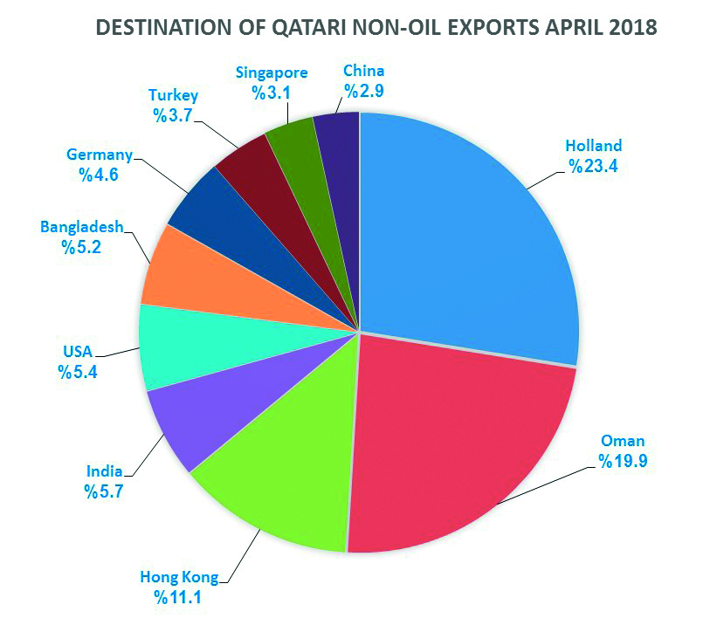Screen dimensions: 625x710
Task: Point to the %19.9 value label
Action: [x=624, y=460]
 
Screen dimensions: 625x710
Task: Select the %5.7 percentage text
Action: [x=103, y=491]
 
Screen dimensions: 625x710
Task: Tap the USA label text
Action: [x=77, y=353]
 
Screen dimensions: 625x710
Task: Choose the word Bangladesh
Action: [x=81, y=228]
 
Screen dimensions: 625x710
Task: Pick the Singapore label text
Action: [x=272, y=72]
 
